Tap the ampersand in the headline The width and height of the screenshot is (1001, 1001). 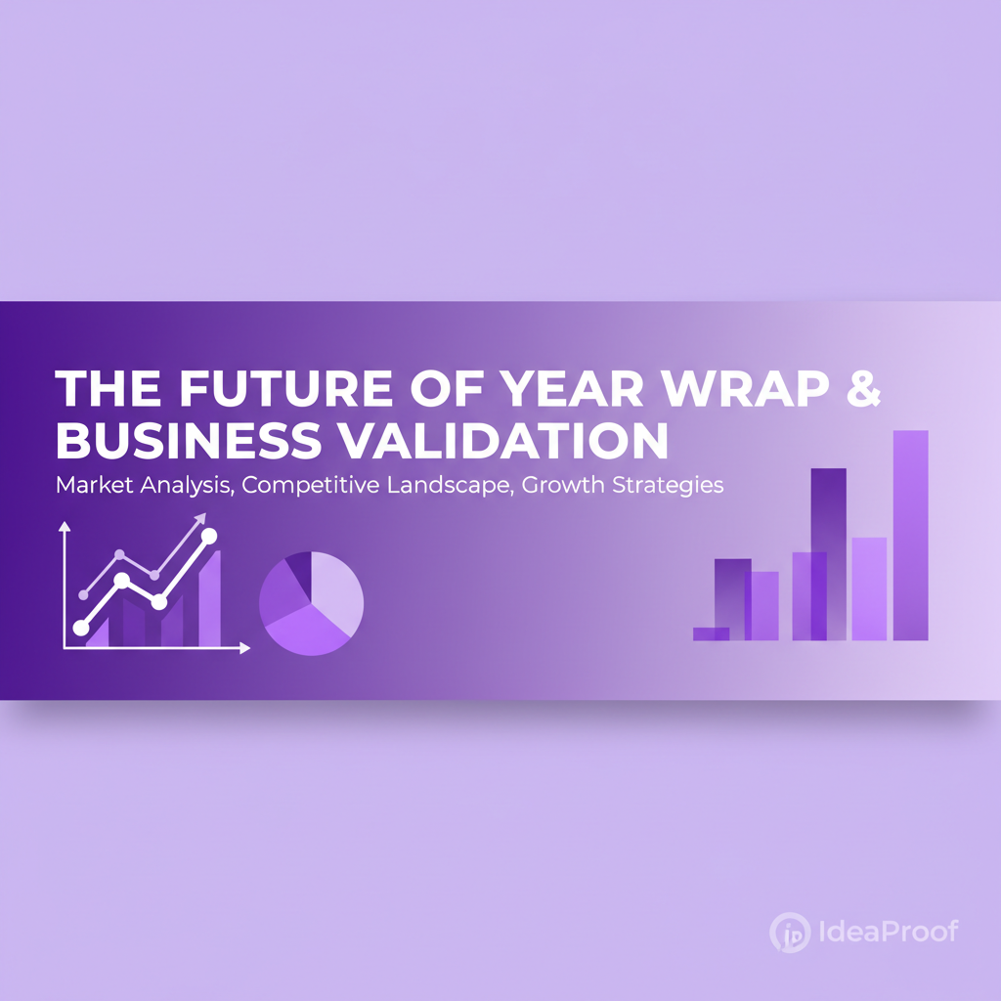pos(862,389)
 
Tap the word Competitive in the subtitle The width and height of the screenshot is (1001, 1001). pos(302,486)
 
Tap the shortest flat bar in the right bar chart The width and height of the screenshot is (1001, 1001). pos(711,633)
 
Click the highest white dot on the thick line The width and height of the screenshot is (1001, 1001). pos(208,535)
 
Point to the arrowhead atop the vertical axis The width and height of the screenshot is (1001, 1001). pos(65,527)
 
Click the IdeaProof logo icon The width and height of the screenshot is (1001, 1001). pos(789,932)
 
